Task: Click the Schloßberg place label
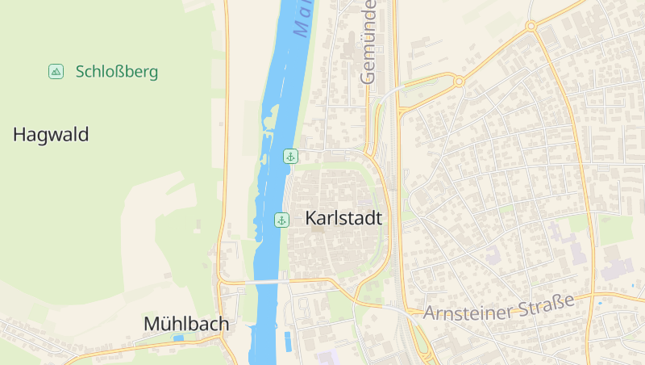117,72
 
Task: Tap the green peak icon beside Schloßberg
56,72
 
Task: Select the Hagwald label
51,135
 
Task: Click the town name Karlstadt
343,218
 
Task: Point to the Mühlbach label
186,324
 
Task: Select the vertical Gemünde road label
369,42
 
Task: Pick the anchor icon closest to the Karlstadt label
281,220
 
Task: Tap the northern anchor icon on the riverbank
290,156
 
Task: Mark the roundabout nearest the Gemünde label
459,81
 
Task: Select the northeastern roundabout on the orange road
531,27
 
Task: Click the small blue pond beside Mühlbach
178,338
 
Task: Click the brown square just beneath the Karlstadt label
318,229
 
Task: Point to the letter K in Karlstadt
311,218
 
